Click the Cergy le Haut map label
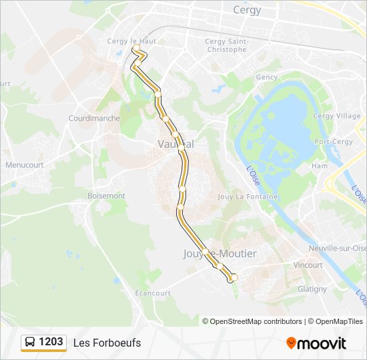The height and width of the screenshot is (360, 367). [131, 41]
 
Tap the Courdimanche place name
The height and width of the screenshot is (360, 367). [94, 118]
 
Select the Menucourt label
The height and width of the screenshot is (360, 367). [24, 165]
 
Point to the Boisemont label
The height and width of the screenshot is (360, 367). [106, 195]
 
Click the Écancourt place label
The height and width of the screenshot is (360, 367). [153, 293]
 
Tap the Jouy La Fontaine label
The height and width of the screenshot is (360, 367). [248, 197]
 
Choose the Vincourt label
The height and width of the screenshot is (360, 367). [308, 265]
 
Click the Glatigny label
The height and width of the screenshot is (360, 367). [312, 289]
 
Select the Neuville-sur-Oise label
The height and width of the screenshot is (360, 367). [334, 248]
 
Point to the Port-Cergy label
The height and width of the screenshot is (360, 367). [334, 141]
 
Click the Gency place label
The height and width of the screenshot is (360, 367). [267, 77]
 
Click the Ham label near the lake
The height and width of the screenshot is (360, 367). [320, 165]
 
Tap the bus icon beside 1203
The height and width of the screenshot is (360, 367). [31, 343]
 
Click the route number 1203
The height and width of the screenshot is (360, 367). [51, 342]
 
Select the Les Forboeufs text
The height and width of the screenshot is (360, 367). [107, 343]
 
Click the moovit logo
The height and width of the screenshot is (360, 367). [316, 343]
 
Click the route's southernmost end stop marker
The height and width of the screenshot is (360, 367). [234, 277]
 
